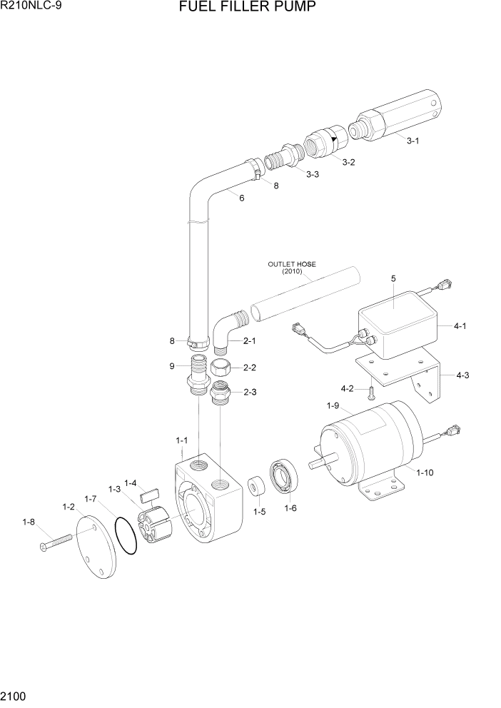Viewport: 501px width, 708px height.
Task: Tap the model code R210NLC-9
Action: [x=31, y=7]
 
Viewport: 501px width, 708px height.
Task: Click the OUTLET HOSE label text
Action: [x=291, y=264]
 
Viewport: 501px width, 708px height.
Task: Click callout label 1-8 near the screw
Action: [x=29, y=522]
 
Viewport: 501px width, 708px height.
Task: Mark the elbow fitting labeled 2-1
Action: [x=228, y=331]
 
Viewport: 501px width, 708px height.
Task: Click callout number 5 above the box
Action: [x=393, y=278]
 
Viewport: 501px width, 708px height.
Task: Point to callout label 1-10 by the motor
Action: [x=424, y=472]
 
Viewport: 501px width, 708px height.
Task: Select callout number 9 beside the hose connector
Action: [x=172, y=367]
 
